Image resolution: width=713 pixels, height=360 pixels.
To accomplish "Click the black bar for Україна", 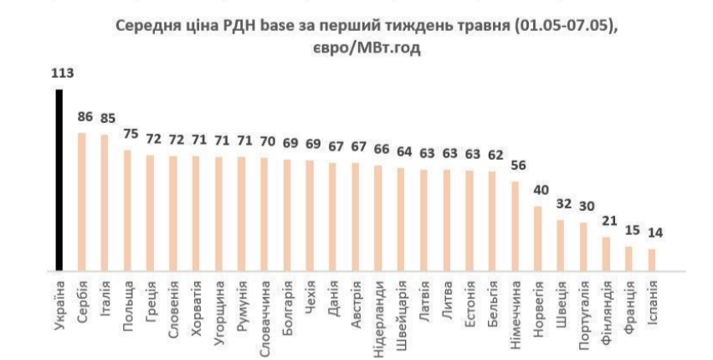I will [59, 180].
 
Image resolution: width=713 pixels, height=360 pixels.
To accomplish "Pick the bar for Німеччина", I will [515, 226].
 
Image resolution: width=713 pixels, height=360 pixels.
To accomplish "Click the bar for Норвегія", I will [537, 239].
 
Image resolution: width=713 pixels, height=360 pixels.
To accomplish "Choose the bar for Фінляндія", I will [606, 254].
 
